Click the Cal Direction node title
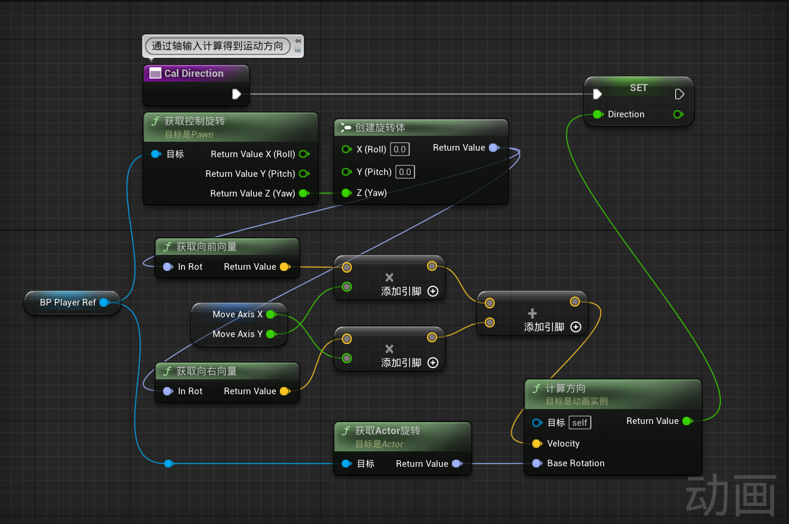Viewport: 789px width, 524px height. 194,73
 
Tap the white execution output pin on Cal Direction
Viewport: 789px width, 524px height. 236,94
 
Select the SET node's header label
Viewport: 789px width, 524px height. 638,88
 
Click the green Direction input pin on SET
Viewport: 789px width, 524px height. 598,114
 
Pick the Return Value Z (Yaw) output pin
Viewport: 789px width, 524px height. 304,194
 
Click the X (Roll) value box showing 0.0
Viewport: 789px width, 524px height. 400,149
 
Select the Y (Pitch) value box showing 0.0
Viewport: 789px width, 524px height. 405,172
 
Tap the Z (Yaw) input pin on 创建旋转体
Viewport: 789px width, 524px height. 347,193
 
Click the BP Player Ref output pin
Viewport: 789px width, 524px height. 104,302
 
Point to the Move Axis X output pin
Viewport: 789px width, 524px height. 271,314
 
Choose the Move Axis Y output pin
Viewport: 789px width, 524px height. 271,334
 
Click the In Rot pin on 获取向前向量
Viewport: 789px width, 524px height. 168,267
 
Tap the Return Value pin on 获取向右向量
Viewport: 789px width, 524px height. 285,391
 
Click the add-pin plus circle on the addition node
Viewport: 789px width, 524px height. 576,327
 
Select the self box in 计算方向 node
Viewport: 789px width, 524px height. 580,423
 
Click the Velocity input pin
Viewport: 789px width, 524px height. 537,444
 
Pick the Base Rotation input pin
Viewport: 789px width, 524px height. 537,463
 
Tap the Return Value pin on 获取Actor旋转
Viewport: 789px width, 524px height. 457,464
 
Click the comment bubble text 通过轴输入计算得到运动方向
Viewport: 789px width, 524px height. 217,46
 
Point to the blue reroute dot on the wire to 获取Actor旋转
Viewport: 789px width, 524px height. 169,463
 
